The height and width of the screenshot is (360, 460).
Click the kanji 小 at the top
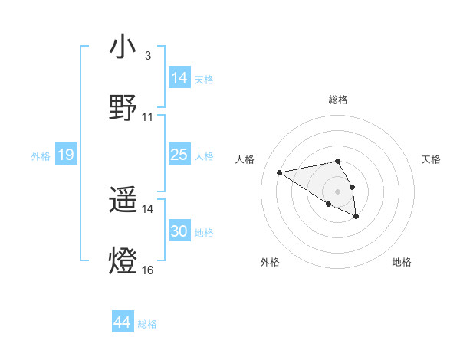pyautogui.click(x=123, y=49)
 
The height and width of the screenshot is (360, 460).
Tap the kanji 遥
pyautogui.click(x=123, y=201)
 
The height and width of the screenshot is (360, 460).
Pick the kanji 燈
pyautogui.click(x=123, y=261)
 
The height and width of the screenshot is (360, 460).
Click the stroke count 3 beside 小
pyautogui.click(x=147, y=57)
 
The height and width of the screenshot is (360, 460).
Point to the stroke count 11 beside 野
pyautogui.click(x=148, y=117)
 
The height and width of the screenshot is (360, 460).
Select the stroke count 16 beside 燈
pyautogui.click(x=148, y=270)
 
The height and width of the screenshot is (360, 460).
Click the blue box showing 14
pyautogui.click(x=179, y=78)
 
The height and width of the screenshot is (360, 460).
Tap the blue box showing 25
pyautogui.click(x=179, y=155)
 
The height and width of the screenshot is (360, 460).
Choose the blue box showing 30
pyautogui.click(x=179, y=231)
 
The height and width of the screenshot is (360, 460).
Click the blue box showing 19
pyautogui.click(x=66, y=155)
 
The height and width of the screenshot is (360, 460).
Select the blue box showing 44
pyautogui.click(x=123, y=322)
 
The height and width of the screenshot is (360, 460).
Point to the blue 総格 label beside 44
pyautogui.click(x=147, y=324)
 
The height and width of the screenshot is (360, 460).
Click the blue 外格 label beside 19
pyautogui.click(x=41, y=156)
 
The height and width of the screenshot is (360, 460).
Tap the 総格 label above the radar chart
pyautogui.click(x=338, y=100)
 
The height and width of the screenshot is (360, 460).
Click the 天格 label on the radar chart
pyautogui.click(x=432, y=159)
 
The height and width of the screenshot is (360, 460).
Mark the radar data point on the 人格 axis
pyautogui.click(x=280, y=172)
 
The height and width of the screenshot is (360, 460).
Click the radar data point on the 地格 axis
pyautogui.click(x=356, y=217)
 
